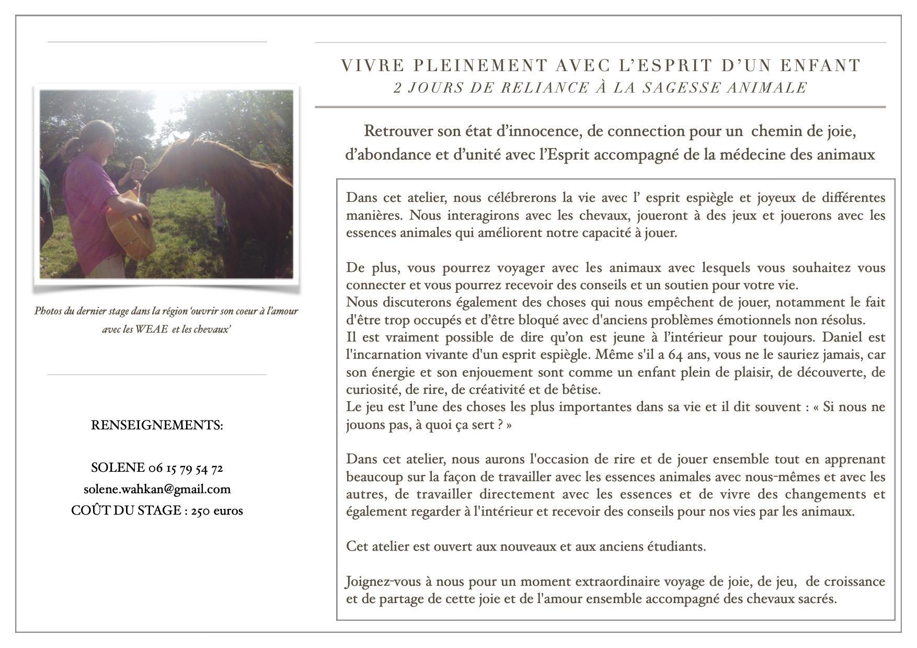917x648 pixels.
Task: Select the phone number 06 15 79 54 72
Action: click(x=186, y=468)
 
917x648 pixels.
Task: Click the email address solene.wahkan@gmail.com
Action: click(x=157, y=490)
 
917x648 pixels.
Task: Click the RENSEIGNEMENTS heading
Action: click(x=157, y=425)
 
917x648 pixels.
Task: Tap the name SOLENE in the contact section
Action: click(x=118, y=468)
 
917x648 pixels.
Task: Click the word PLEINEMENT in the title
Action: click(x=480, y=66)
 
